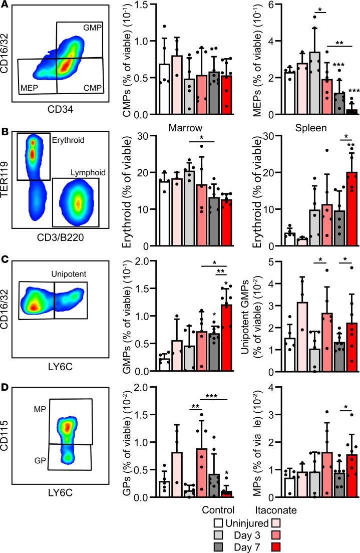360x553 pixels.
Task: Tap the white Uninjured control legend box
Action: pos(217,523)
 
